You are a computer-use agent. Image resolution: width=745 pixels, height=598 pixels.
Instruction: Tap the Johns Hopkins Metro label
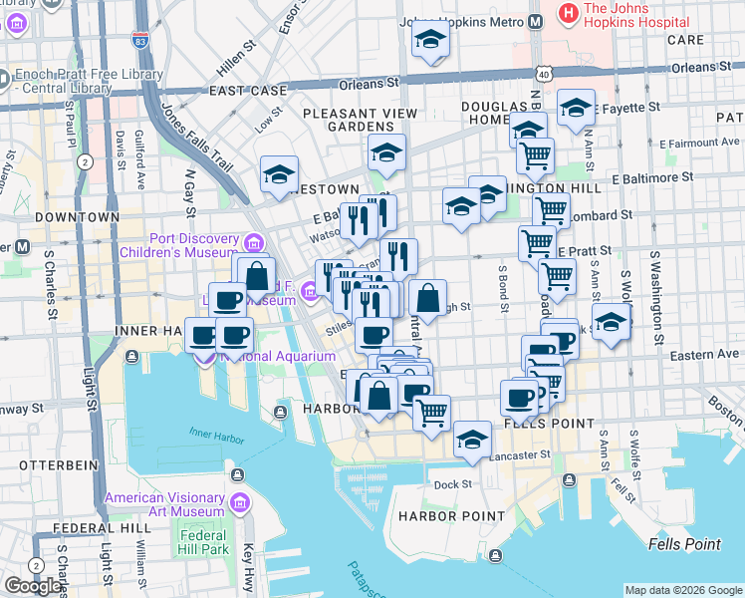point(459,21)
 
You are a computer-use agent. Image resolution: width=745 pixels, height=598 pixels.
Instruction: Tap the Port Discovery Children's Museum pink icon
point(254,242)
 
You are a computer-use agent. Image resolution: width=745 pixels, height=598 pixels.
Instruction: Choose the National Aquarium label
point(280,356)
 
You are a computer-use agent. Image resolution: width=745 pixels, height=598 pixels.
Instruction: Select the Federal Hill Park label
point(204,542)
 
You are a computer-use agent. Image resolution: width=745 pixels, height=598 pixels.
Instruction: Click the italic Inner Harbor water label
point(214,432)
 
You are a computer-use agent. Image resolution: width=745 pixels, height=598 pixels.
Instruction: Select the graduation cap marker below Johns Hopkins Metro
point(430,40)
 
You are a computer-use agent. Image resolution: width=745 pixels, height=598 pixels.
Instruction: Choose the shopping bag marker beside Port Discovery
point(257,274)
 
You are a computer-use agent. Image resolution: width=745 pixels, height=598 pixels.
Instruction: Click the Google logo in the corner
point(35,586)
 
